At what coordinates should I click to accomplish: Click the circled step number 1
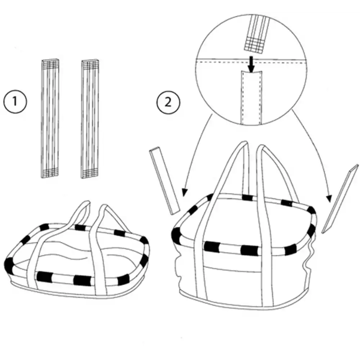(15, 102)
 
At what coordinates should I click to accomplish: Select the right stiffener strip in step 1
(90, 118)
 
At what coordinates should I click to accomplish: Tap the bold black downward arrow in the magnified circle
(251, 63)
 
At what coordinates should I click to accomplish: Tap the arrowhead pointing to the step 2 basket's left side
(184, 193)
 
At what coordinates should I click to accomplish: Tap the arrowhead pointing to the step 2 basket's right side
(328, 198)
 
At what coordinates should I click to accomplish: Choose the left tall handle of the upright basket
(205, 223)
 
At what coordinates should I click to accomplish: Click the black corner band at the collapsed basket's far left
(8, 265)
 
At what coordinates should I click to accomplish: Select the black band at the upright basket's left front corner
(177, 236)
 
